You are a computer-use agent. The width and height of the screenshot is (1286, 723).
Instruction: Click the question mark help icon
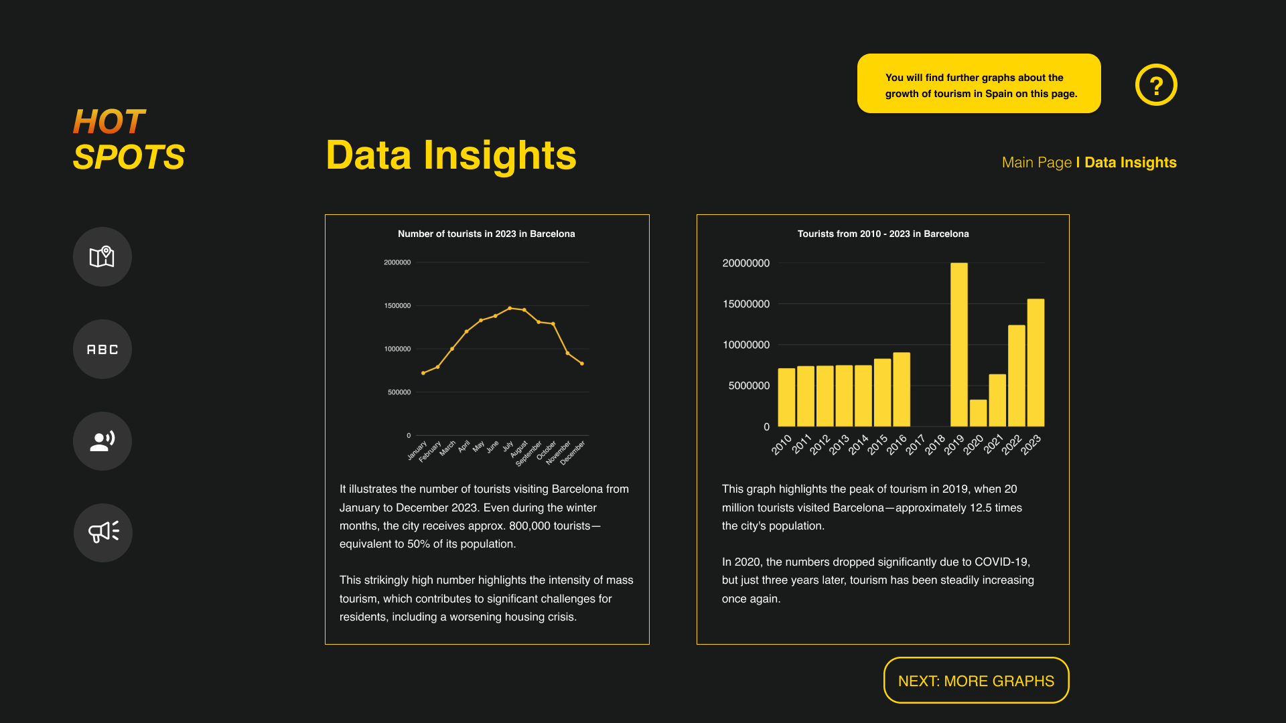(x=1156, y=85)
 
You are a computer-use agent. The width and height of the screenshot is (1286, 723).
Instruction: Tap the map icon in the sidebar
(x=102, y=257)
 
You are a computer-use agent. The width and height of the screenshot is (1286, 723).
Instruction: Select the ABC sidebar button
(x=102, y=349)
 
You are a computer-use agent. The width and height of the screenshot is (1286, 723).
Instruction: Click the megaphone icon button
(x=103, y=533)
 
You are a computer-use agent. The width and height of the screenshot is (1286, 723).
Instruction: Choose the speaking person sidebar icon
(x=102, y=441)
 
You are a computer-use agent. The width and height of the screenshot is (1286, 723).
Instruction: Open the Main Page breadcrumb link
(x=1037, y=163)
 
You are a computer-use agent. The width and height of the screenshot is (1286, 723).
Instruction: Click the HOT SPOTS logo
(x=129, y=139)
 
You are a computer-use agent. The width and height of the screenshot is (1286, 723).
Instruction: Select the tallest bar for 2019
(x=959, y=345)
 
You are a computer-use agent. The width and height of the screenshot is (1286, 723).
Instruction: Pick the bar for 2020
(x=979, y=413)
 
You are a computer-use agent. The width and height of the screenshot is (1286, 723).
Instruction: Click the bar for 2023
(x=1035, y=363)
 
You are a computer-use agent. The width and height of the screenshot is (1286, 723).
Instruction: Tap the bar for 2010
(x=786, y=398)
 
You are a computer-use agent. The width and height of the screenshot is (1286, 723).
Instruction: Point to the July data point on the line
(x=510, y=309)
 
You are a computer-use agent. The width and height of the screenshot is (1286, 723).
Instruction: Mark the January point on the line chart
(x=423, y=373)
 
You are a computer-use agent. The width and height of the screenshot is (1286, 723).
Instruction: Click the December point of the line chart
(x=582, y=364)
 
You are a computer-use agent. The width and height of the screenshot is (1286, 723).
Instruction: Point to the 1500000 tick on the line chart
(x=397, y=306)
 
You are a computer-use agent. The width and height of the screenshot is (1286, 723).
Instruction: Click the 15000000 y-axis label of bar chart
(x=746, y=304)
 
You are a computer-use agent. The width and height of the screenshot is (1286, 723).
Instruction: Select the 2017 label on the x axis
(x=916, y=445)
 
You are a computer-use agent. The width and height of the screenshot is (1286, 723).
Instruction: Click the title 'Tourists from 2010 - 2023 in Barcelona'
(x=883, y=234)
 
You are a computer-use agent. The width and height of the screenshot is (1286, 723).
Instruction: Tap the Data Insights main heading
(x=451, y=155)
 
